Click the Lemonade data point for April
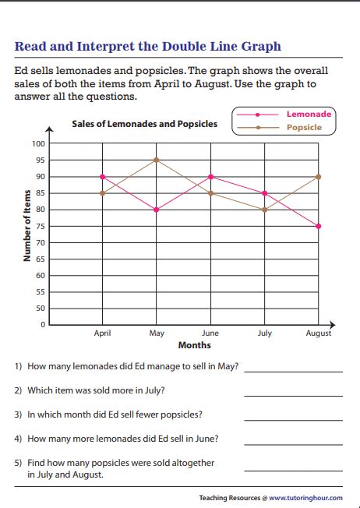point(102,177)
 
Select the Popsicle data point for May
point(157,161)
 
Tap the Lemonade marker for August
point(318,226)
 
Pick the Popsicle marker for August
point(318,177)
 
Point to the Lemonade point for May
point(157,210)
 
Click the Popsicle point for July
point(264,210)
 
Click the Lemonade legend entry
point(309,115)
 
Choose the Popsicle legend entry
point(304,127)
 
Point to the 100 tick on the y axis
point(38,144)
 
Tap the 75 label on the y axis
point(41,226)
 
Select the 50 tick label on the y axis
point(41,308)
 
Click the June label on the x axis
point(210,333)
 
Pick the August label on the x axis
point(318,333)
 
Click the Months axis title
point(195,345)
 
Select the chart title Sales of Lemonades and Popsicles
point(144,124)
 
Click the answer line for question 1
point(293,371)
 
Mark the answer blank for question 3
point(293,419)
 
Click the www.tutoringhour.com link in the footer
point(309,497)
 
